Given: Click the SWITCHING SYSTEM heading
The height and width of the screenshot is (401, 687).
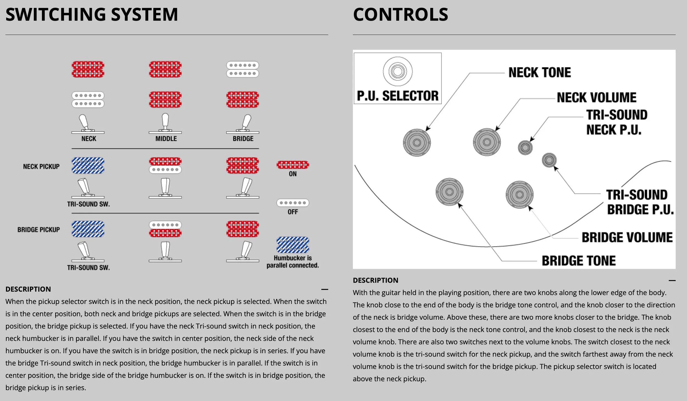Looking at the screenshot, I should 92,15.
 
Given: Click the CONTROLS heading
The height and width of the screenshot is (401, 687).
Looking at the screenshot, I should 400,15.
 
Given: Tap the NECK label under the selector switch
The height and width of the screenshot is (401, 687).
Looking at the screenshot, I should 89,139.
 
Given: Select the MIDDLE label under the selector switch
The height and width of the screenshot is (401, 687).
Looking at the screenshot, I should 166,139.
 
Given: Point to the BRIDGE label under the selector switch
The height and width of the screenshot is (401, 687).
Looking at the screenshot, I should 243,139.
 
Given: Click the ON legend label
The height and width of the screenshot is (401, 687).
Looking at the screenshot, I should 293,174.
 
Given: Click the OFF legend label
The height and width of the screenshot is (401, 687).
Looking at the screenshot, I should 293,212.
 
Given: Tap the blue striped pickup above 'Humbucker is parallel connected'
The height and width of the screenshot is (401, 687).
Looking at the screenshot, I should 293,245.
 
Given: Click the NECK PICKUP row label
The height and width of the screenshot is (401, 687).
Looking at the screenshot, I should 41,167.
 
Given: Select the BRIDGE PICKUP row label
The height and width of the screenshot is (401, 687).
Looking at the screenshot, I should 38,230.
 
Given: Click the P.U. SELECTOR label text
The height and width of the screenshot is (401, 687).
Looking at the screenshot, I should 398,96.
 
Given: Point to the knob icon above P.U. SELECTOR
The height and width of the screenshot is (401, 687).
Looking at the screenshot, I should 398,71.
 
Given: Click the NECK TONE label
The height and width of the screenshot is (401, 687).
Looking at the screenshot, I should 539,73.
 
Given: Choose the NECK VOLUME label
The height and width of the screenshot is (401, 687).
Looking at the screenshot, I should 597,98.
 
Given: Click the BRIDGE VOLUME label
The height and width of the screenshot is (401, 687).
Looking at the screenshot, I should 627,237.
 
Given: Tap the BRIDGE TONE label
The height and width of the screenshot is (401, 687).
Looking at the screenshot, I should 578,261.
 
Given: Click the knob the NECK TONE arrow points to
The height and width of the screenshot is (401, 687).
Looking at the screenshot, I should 417,143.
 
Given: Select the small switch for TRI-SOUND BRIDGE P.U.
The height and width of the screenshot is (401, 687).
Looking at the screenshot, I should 549,160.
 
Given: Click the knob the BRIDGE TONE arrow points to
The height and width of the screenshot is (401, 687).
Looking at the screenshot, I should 450,192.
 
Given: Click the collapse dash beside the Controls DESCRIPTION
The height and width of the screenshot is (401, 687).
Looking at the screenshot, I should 672,280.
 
